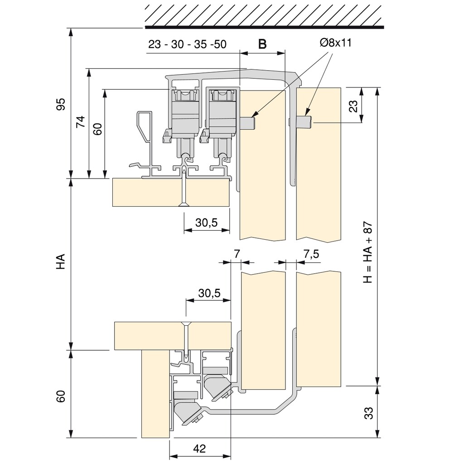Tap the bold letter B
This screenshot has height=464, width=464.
point(262,44)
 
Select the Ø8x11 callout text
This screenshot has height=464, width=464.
point(335,43)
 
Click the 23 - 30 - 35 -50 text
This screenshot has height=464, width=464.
point(187,44)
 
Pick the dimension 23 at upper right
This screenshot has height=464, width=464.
point(354,106)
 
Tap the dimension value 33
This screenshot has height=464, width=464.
point(369,413)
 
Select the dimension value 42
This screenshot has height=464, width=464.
point(199,449)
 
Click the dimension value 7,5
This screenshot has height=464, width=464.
point(311,254)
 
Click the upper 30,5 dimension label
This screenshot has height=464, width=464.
point(207,222)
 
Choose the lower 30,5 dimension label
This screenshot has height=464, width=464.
point(209,293)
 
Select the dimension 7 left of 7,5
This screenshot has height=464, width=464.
point(237,254)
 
